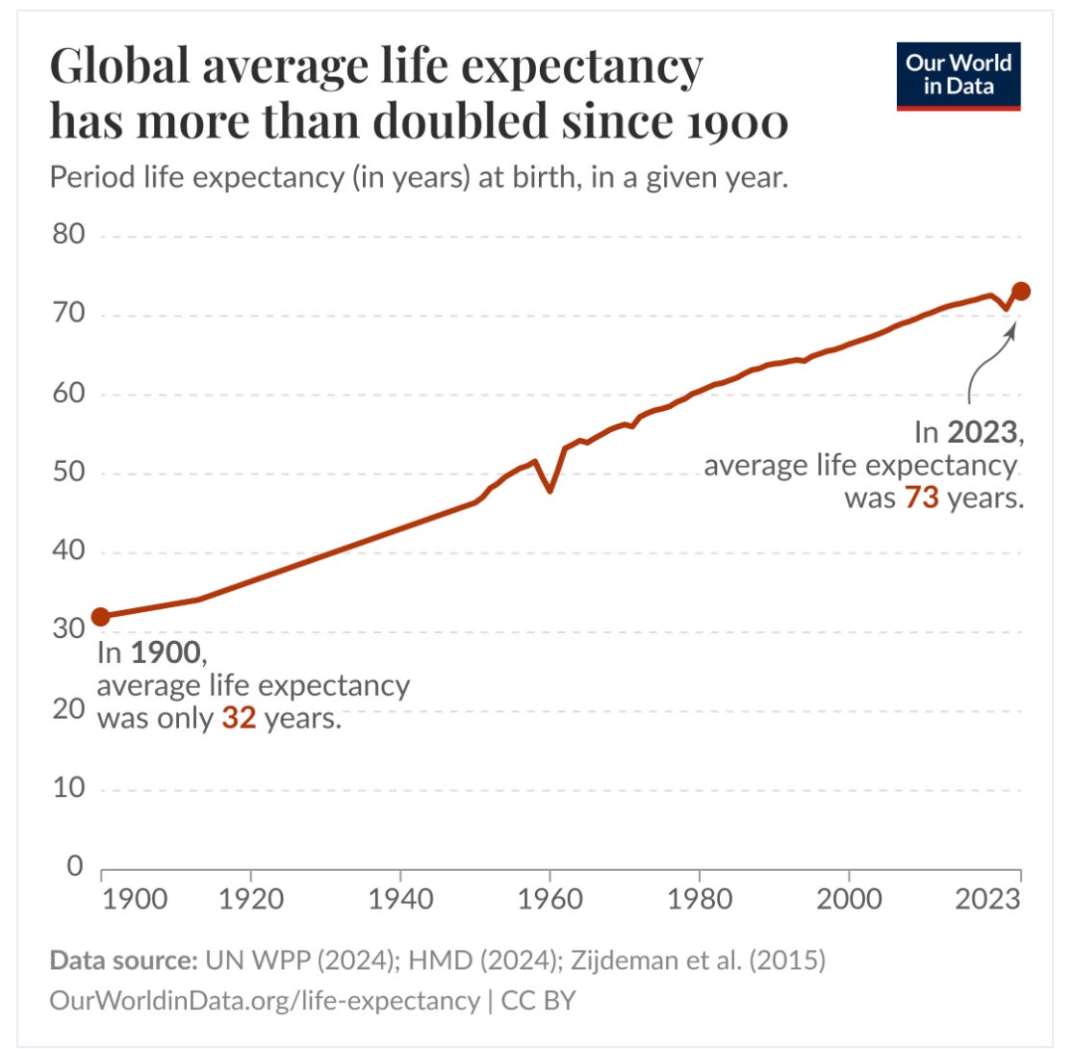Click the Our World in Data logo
958,77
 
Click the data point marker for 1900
100,617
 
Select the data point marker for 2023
1021,292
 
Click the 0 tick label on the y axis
73,867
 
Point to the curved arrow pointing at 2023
981,361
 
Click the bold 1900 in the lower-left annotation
167,653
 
